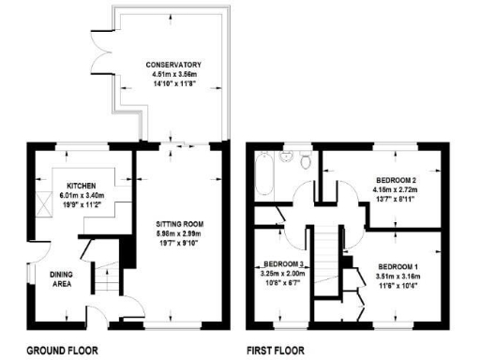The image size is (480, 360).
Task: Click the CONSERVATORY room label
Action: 174,64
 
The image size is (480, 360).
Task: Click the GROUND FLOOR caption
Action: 62,351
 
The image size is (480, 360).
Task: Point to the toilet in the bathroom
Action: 307,160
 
